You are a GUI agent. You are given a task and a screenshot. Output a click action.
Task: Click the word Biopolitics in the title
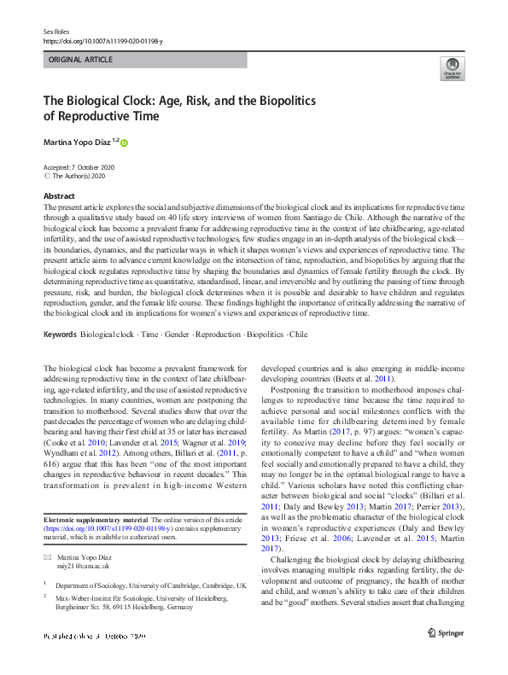[x=269, y=100]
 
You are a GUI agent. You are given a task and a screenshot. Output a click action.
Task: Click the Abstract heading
[x=59, y=196]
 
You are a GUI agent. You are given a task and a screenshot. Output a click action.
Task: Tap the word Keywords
[x=65, y=335]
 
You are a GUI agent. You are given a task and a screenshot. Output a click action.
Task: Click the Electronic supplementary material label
[x=96, y=521]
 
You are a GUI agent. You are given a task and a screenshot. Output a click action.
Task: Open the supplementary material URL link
[x=106, y=529]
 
